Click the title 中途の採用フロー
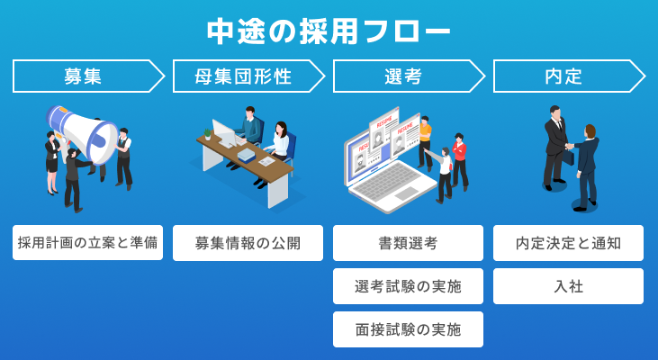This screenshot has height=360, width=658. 329,31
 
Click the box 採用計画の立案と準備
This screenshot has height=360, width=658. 87,243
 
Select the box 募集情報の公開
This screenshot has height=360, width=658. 248,243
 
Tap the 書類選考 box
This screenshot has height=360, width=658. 408,243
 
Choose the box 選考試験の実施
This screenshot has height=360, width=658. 408,286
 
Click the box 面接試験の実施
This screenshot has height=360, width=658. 408,329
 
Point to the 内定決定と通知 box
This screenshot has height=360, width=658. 568,243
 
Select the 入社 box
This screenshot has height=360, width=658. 568,286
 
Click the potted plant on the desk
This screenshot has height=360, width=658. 207,133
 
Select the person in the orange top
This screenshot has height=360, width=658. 425,135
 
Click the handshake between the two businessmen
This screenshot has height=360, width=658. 569,148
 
